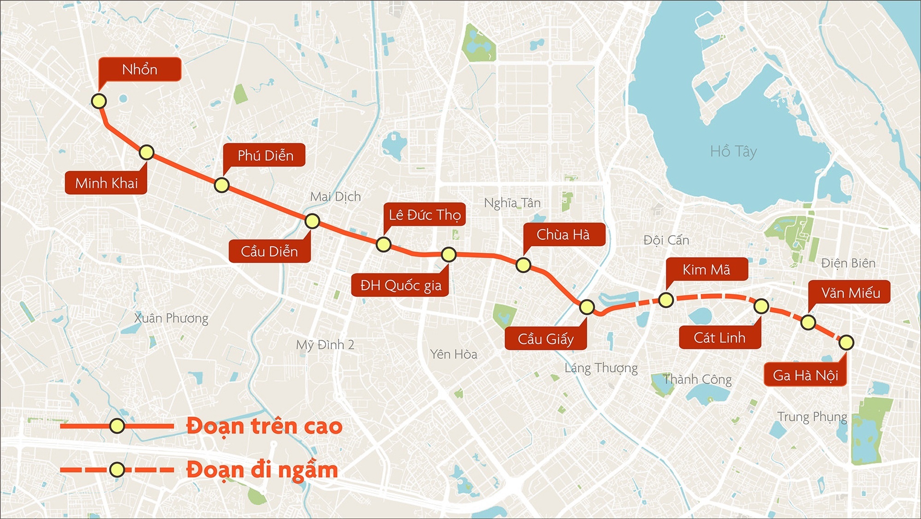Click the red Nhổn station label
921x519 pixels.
point(140,70)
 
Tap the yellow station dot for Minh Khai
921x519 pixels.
point(146,152)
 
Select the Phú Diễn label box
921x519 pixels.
point(265,155)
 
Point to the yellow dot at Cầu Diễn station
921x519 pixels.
point(312,221)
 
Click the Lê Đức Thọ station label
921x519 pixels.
point(424,215)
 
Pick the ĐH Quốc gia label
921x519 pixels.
point(400,285)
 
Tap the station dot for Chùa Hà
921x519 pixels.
point(523,265)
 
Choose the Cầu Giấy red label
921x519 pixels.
point(546,339)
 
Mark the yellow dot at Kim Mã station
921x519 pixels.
point(666,300)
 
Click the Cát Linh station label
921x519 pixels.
point(720,338)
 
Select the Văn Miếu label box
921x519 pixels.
point(850,293)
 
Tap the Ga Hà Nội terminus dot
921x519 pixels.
point(846,342)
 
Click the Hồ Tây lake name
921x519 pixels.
point(733,151)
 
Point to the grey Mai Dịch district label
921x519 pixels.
point(335,197)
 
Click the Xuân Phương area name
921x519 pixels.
point(171,318)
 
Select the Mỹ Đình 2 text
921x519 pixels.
point(325,345)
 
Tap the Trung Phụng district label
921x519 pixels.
point(812,417)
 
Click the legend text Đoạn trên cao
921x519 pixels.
point(264,426)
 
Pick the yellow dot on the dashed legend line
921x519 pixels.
point(117,470)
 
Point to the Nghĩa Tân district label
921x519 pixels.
point(512,203)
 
